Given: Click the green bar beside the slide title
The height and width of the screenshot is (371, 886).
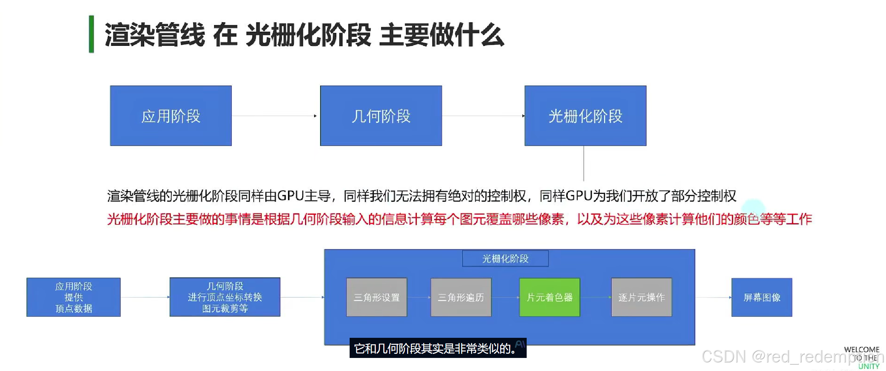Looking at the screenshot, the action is point(92,34).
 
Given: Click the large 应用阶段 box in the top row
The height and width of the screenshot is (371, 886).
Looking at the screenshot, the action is point(171,116).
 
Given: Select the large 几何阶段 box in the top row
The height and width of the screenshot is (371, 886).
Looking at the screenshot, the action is point(381,116).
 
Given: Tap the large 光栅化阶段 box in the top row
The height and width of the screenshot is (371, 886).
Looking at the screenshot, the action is point(585,116).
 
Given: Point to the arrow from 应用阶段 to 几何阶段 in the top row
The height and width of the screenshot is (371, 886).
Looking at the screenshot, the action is point(275,116).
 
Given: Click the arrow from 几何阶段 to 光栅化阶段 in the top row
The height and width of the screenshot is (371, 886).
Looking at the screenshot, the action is point(483,116).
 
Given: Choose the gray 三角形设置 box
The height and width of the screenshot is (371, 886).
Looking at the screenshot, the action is point(377,297).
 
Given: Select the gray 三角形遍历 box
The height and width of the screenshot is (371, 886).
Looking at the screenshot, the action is point(461,297).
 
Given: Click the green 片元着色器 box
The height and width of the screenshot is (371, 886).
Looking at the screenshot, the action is point(549,297).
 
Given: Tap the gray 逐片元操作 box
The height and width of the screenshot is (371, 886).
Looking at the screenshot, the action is point(641,297).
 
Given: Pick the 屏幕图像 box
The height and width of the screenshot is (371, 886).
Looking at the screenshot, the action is point(762,297).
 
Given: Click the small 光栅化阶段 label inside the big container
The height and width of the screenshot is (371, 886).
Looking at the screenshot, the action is point(505,258).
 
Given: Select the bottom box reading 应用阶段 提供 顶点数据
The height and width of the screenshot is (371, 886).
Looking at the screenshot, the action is point(74,297).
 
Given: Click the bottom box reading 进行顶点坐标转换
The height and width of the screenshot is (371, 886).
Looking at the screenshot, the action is point(225,297).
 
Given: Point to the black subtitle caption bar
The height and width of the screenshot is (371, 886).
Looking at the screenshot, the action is point(438,348).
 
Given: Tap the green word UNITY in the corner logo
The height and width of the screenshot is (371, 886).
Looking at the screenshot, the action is point(869,366).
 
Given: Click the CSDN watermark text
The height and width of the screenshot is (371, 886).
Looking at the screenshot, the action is point(724,357).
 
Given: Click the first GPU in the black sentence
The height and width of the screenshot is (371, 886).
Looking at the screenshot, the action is point(290,196).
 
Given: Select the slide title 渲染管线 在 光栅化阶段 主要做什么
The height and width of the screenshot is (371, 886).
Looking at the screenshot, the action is point(304,35).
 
